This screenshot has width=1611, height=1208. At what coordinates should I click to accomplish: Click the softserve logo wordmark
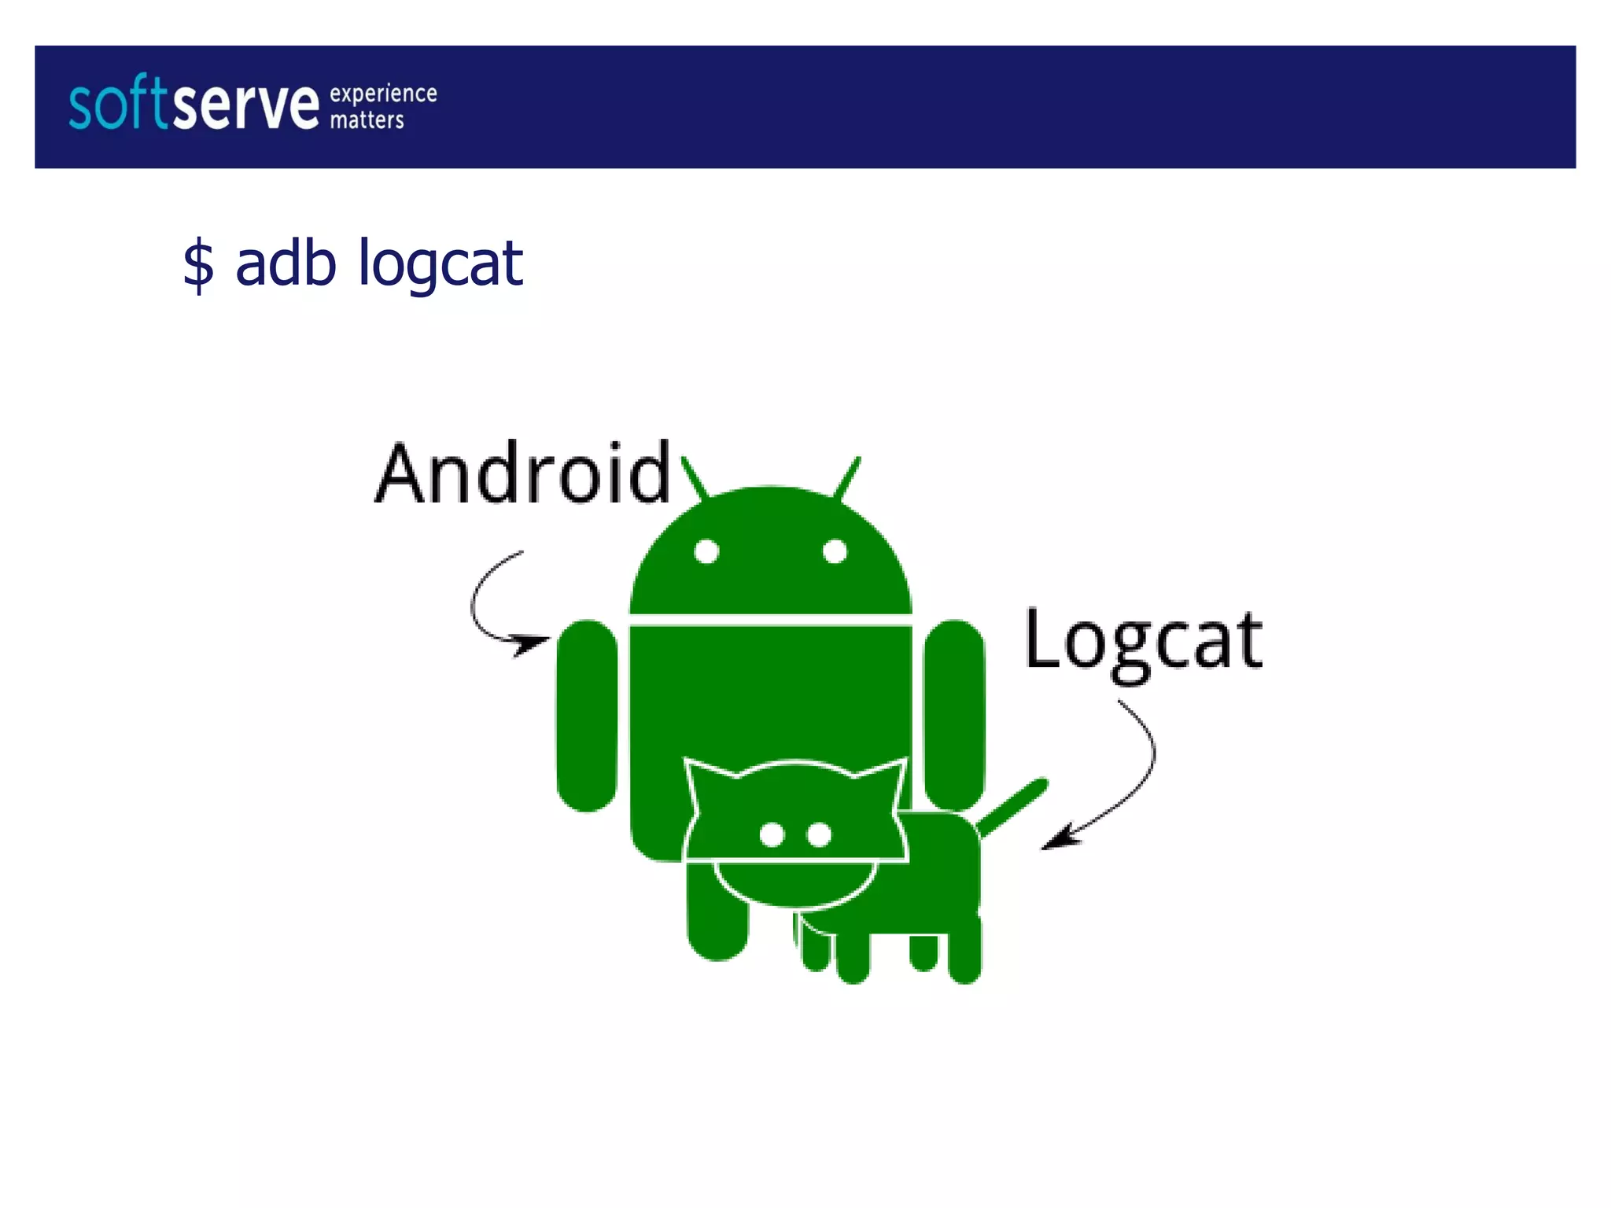pos(194,104)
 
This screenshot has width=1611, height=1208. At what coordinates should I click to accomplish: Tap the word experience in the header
pos(383,94)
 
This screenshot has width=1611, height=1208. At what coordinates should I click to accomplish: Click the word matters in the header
pos(367,120)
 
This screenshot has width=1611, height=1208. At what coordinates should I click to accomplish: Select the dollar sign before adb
pos(198,265)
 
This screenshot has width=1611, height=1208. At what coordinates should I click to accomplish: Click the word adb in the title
pos(286,263)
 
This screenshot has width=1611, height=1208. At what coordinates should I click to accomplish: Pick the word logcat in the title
pos(441,264)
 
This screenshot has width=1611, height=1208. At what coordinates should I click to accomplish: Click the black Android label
pos(522,473)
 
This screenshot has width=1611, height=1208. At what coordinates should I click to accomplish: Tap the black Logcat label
pos(1143,641)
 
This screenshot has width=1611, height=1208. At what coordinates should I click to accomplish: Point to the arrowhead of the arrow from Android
pos(532,644)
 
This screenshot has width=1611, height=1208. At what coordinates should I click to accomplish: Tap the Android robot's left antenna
pos(695,477)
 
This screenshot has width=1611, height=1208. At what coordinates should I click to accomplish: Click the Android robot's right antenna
pos(847,477)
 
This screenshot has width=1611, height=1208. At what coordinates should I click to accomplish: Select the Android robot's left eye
pos(706,551)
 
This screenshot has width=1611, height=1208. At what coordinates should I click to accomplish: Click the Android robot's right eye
pos(835,551)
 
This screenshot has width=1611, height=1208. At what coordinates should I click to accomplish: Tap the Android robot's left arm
pos(587,715)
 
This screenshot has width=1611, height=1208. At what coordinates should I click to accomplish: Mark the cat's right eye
pos(820,834)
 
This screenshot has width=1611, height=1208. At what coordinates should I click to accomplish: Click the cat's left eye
pos(772,834)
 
